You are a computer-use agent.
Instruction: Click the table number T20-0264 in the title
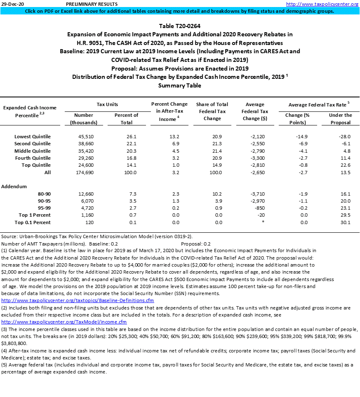tap(179, 26)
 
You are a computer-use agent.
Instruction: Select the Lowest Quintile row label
tap(33, 137)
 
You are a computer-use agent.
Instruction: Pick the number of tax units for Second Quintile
tap(84, 144)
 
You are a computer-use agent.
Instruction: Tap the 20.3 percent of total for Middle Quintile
tap(126, 151)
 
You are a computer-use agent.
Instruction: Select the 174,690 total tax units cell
tap(84, 173)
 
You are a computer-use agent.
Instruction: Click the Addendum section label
tap(14, 187)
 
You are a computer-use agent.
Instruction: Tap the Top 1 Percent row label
tap(35, 215)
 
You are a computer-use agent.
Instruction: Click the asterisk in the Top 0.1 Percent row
tap(262, 222)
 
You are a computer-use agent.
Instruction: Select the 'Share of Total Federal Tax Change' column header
tap(213, 111)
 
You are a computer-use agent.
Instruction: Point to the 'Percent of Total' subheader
tap(126, 118)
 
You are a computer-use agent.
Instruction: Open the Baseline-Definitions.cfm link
tap(78, 300)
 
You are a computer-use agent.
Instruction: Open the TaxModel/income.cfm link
tap(64, 321)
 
